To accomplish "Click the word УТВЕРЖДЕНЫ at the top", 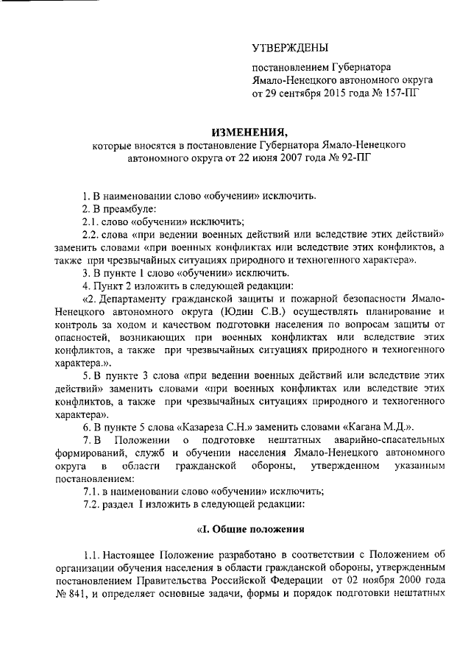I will pos(289,49).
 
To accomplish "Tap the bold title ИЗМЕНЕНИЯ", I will pos(242,132).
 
